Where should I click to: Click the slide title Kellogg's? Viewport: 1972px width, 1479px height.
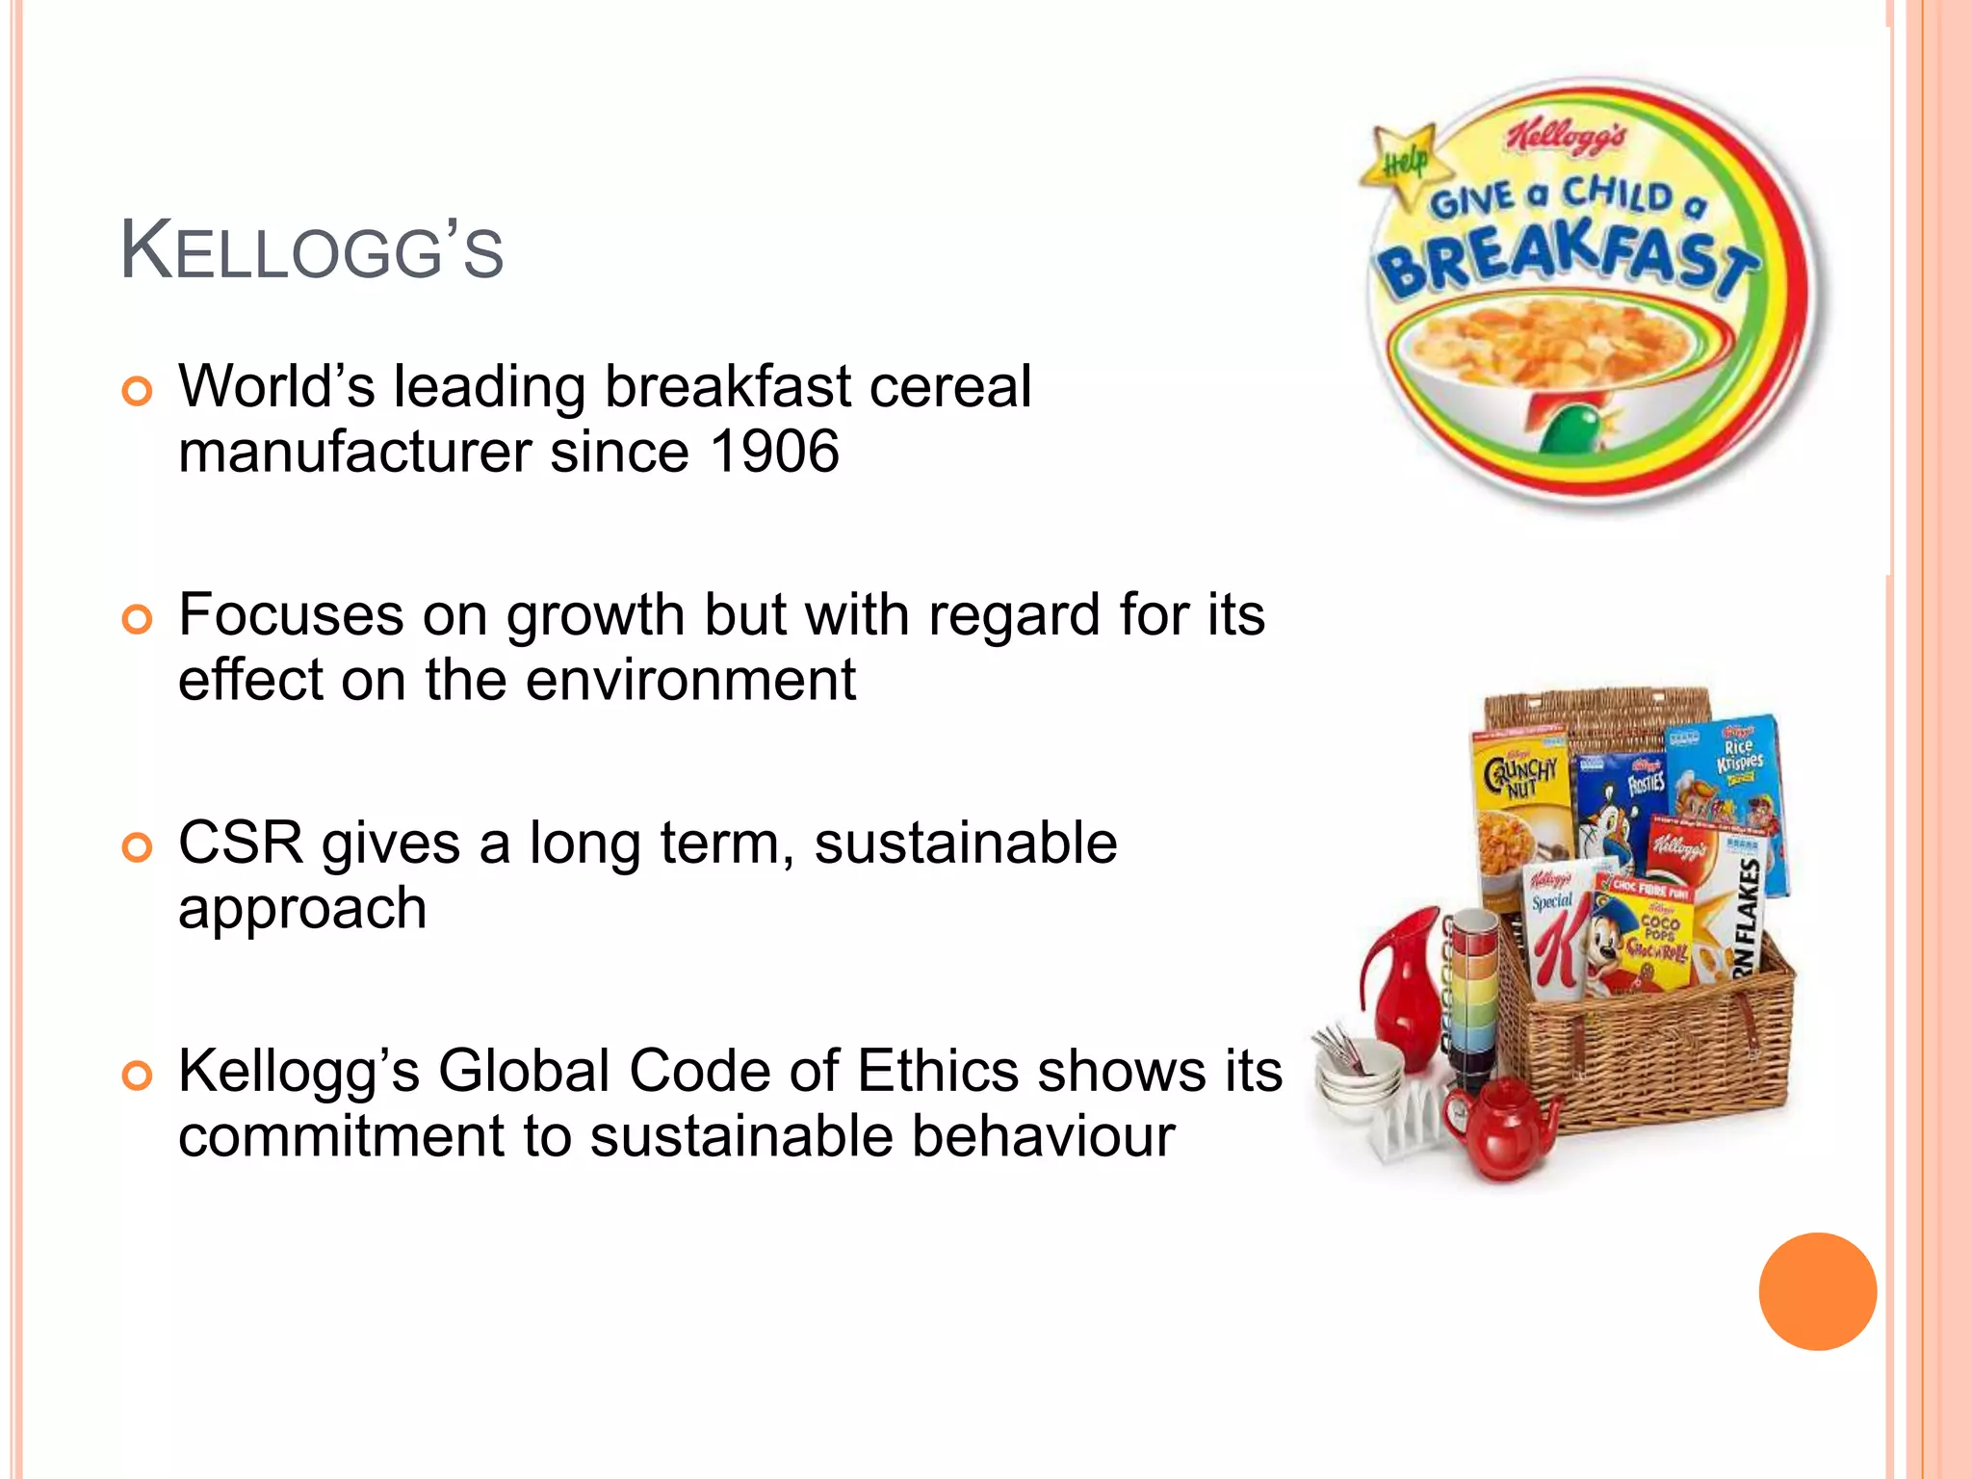(x=311, y=252)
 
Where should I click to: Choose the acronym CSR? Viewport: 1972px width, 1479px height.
(x=241, y=843)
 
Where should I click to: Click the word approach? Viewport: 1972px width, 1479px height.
(x=302, y=908)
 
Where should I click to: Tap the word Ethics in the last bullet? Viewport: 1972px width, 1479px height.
(x=937, y=1071)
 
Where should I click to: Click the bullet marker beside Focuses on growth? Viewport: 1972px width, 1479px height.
(x=138, y=619)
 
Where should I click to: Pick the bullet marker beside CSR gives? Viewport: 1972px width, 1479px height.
(x=138, y=847)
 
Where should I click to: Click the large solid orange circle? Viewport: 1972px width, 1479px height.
(x=1817, y=1291)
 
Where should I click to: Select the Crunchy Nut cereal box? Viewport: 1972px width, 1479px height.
(x=1521, y=809)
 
